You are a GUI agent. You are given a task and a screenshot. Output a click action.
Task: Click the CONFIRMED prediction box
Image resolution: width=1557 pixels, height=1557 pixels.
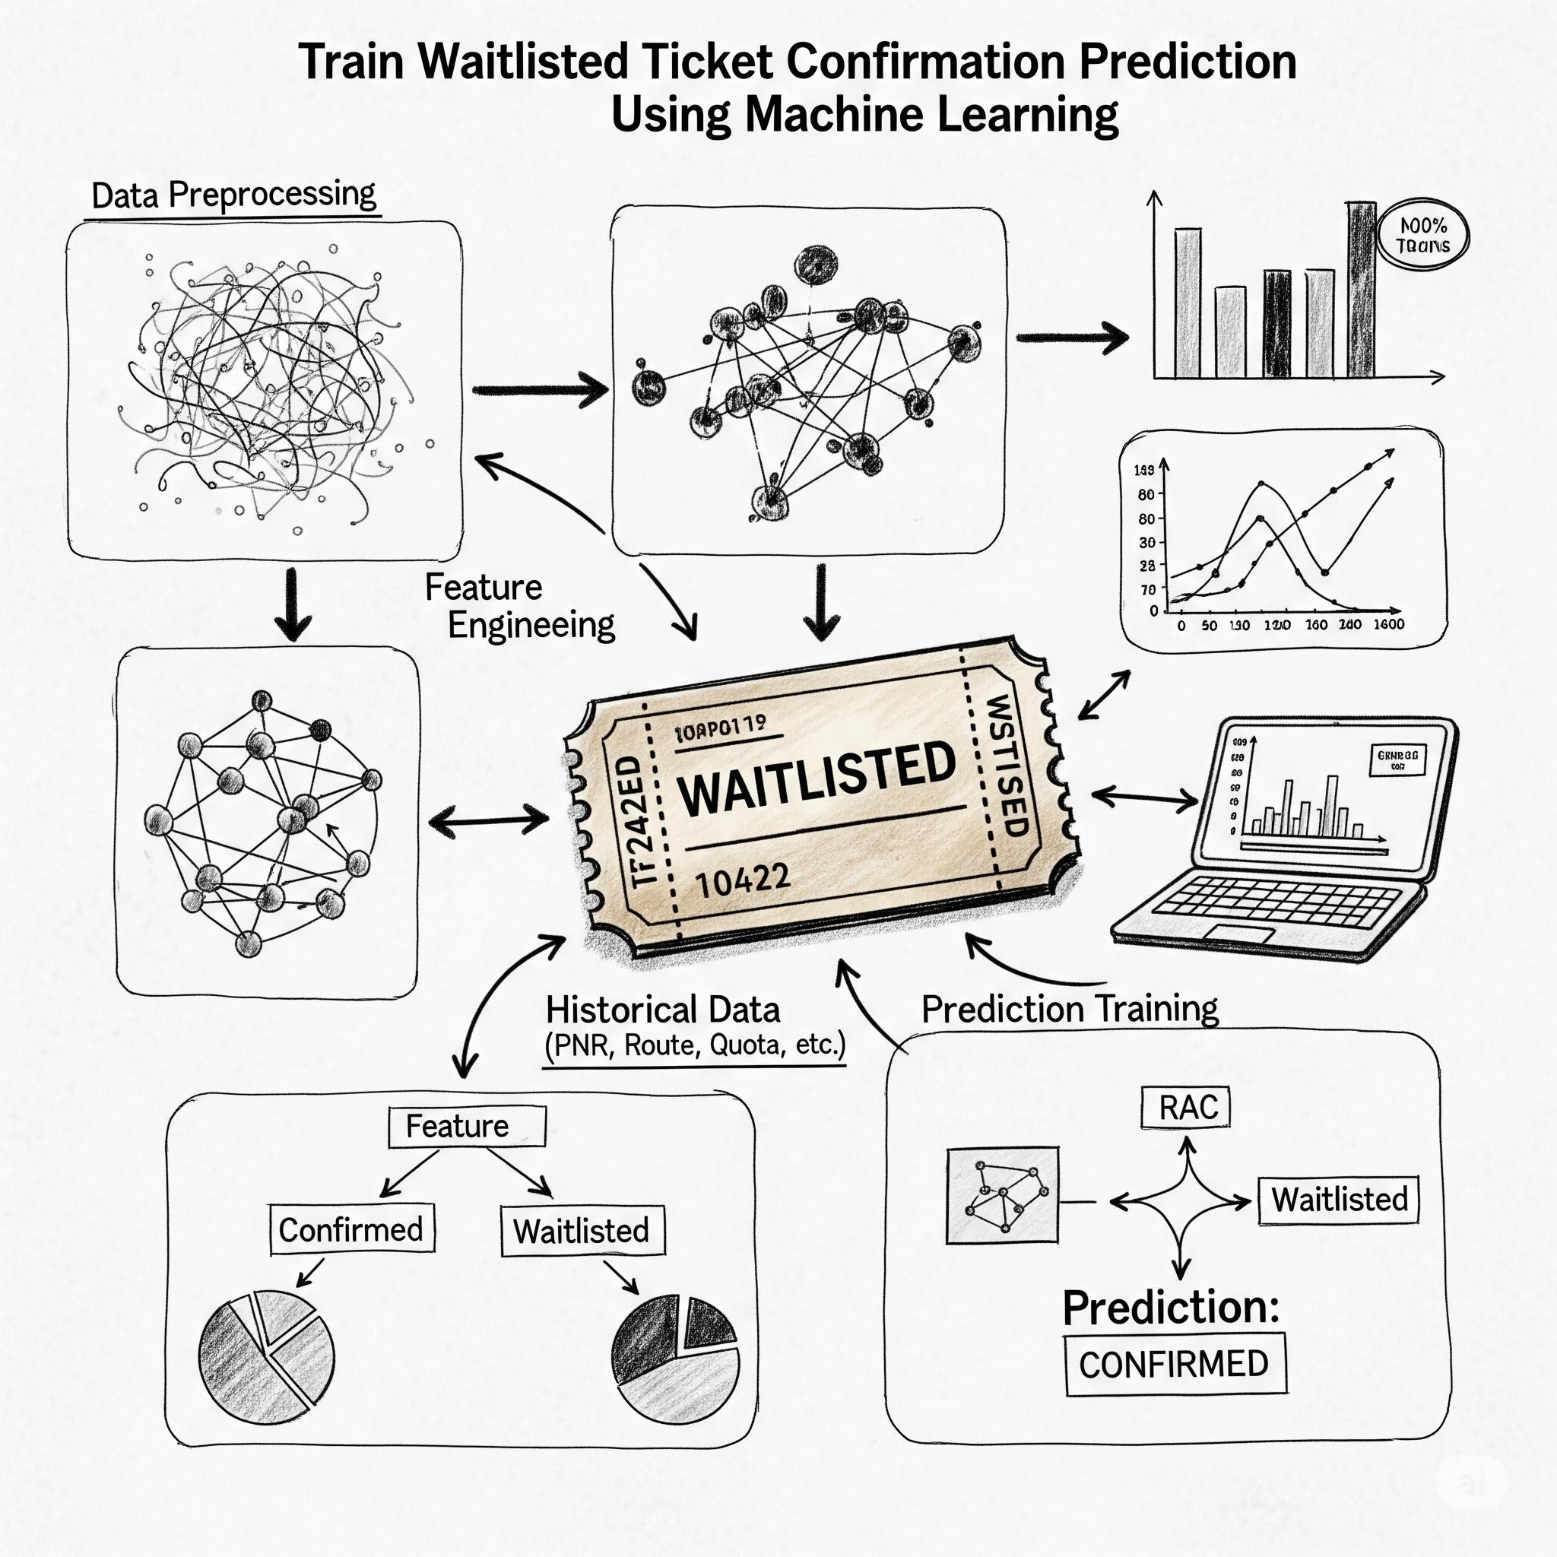1174,1365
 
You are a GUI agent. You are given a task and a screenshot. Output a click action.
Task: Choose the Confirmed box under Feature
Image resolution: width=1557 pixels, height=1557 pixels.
351,1230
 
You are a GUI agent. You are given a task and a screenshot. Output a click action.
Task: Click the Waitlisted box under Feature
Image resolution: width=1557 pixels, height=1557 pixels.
582,1231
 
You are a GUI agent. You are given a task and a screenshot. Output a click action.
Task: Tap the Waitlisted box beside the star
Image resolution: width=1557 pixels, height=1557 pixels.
1339,1199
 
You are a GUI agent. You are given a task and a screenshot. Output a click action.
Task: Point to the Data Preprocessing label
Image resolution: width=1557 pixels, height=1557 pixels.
233,195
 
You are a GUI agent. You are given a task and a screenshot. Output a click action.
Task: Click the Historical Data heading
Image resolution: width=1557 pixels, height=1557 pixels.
662,1010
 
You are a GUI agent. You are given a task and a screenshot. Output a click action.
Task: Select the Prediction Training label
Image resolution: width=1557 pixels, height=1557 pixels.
1070,1008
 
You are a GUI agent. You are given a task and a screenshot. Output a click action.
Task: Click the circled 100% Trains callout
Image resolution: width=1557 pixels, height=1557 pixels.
1423,236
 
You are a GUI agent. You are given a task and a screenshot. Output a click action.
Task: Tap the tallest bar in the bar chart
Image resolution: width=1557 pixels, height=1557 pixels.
1361,290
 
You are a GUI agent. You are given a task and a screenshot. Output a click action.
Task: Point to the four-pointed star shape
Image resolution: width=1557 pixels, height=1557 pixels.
1181,1202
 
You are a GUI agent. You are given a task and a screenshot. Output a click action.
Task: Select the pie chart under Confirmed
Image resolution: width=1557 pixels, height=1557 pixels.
267,1351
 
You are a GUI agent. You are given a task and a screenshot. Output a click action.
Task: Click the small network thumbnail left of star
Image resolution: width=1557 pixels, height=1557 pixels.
1003,1195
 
